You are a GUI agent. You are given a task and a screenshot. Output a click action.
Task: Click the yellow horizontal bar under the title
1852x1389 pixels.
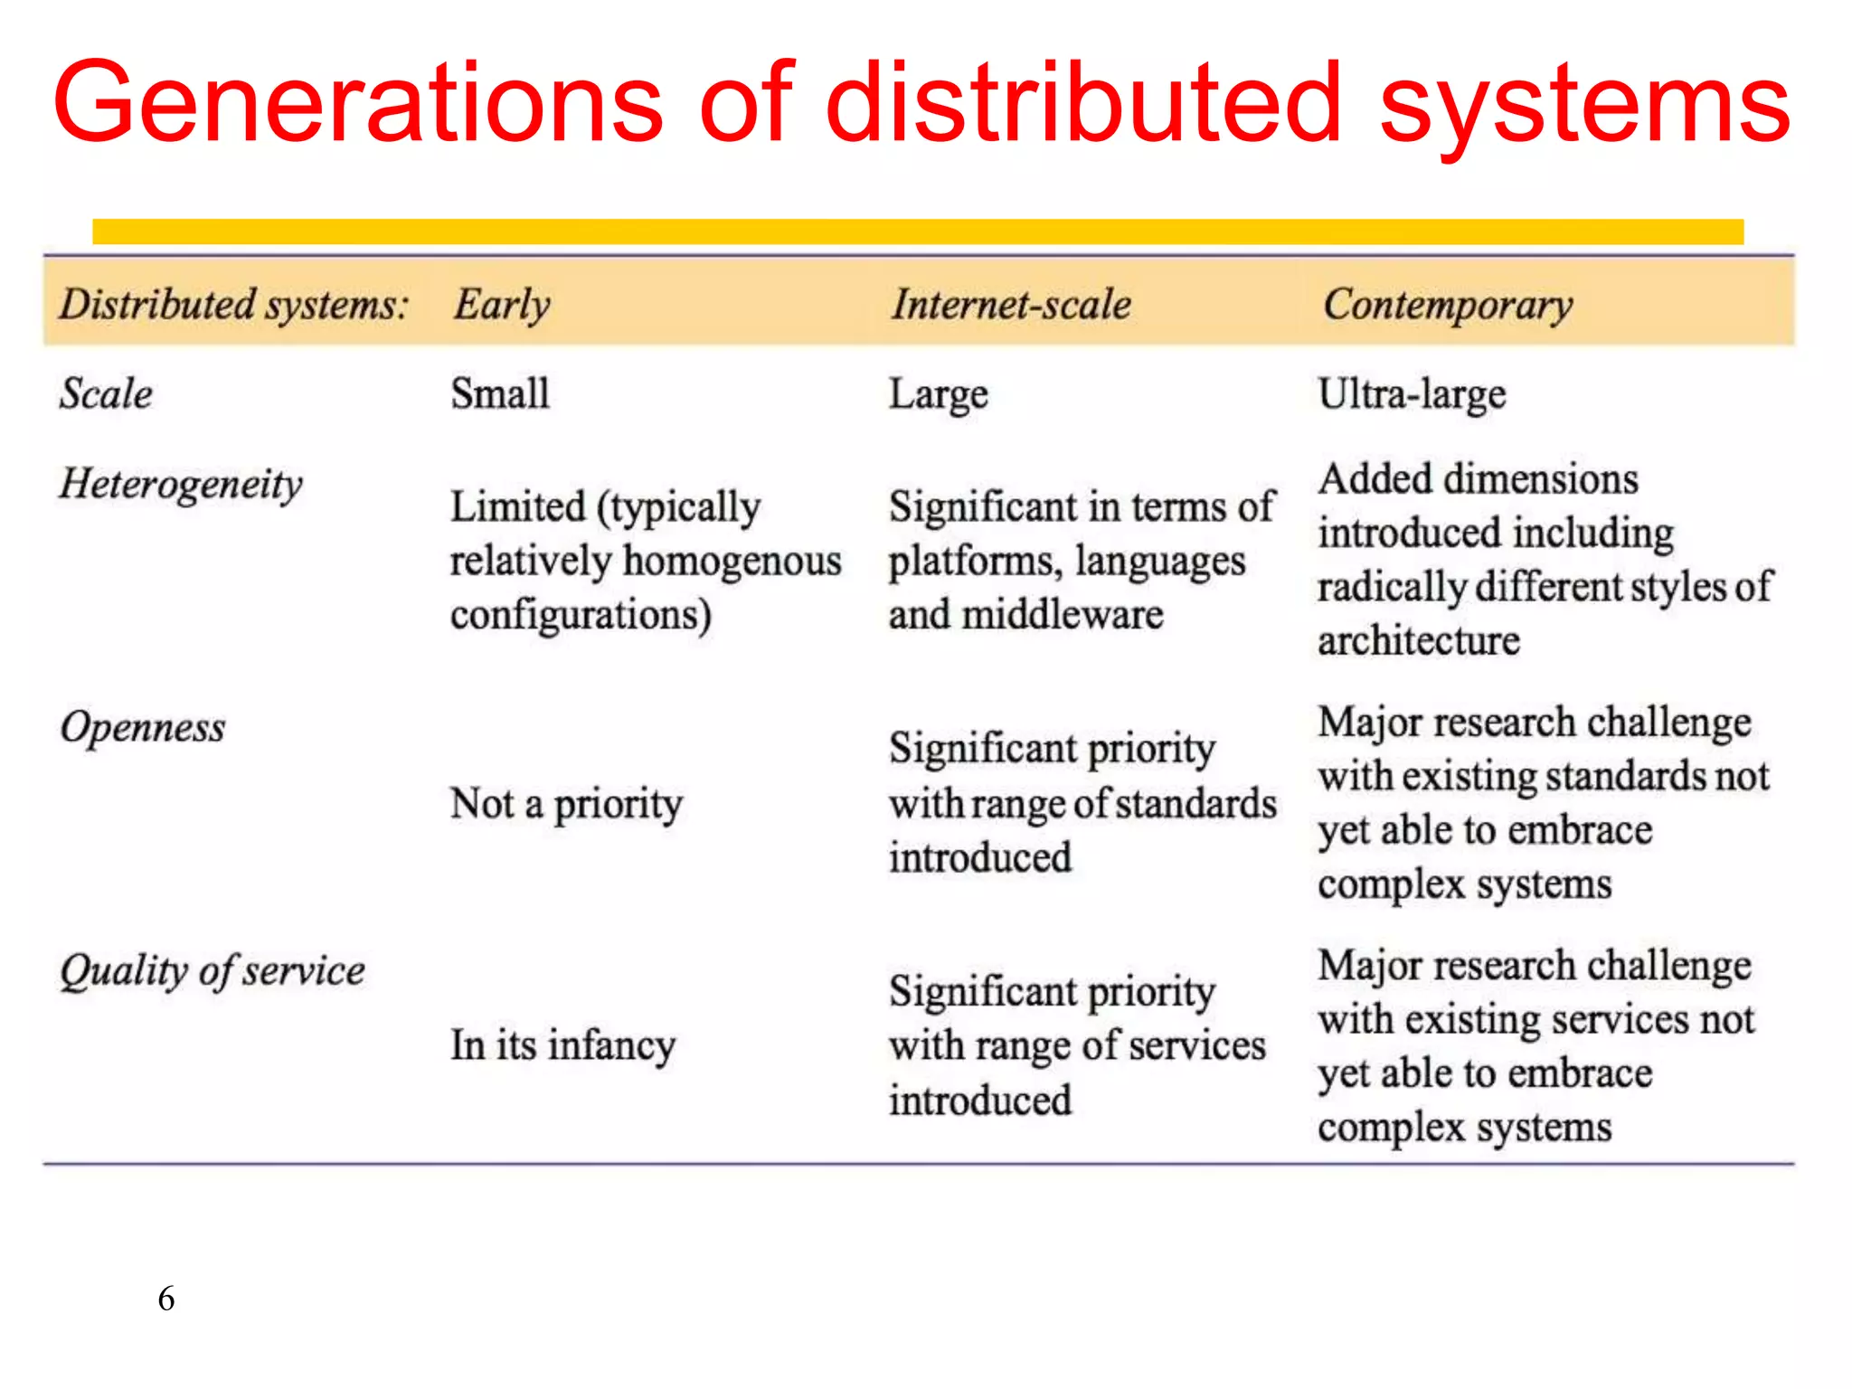[x=917, y=231]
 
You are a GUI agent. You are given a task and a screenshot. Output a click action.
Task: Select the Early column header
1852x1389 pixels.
[x=502, y=305]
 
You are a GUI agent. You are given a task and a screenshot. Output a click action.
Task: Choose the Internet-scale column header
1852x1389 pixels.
[x=1011, y=305]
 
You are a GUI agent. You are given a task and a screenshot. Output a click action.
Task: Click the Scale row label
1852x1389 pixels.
[x=106, y=394]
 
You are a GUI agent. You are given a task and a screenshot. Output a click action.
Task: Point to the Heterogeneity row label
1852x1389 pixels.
[x=181, y=485]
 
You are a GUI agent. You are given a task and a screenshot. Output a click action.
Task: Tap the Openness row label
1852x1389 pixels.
[x=143, y=728]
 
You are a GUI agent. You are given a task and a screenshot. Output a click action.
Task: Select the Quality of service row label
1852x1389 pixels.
[x=213, y=971]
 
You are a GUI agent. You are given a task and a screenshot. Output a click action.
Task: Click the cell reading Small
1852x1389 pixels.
[x=500, y=394]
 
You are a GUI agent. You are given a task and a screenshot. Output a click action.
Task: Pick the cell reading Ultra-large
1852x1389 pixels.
[x=1412, y=394]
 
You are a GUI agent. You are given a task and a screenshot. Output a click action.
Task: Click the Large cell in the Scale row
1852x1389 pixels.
[x=938, y=395]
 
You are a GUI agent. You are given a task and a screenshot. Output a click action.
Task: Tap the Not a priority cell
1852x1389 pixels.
[x=566, y=803]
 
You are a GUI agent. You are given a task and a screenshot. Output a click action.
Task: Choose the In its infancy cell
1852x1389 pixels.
[x=562, y=1046]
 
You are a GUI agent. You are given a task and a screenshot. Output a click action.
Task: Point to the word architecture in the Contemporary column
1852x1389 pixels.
[x=1418, y=641]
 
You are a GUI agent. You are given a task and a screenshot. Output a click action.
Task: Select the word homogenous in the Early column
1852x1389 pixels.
[x=732, y=561]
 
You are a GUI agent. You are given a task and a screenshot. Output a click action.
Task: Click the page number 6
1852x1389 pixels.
[x=166, y=1299]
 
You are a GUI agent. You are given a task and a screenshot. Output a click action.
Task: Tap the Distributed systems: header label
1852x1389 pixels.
[x=233, y=305]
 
